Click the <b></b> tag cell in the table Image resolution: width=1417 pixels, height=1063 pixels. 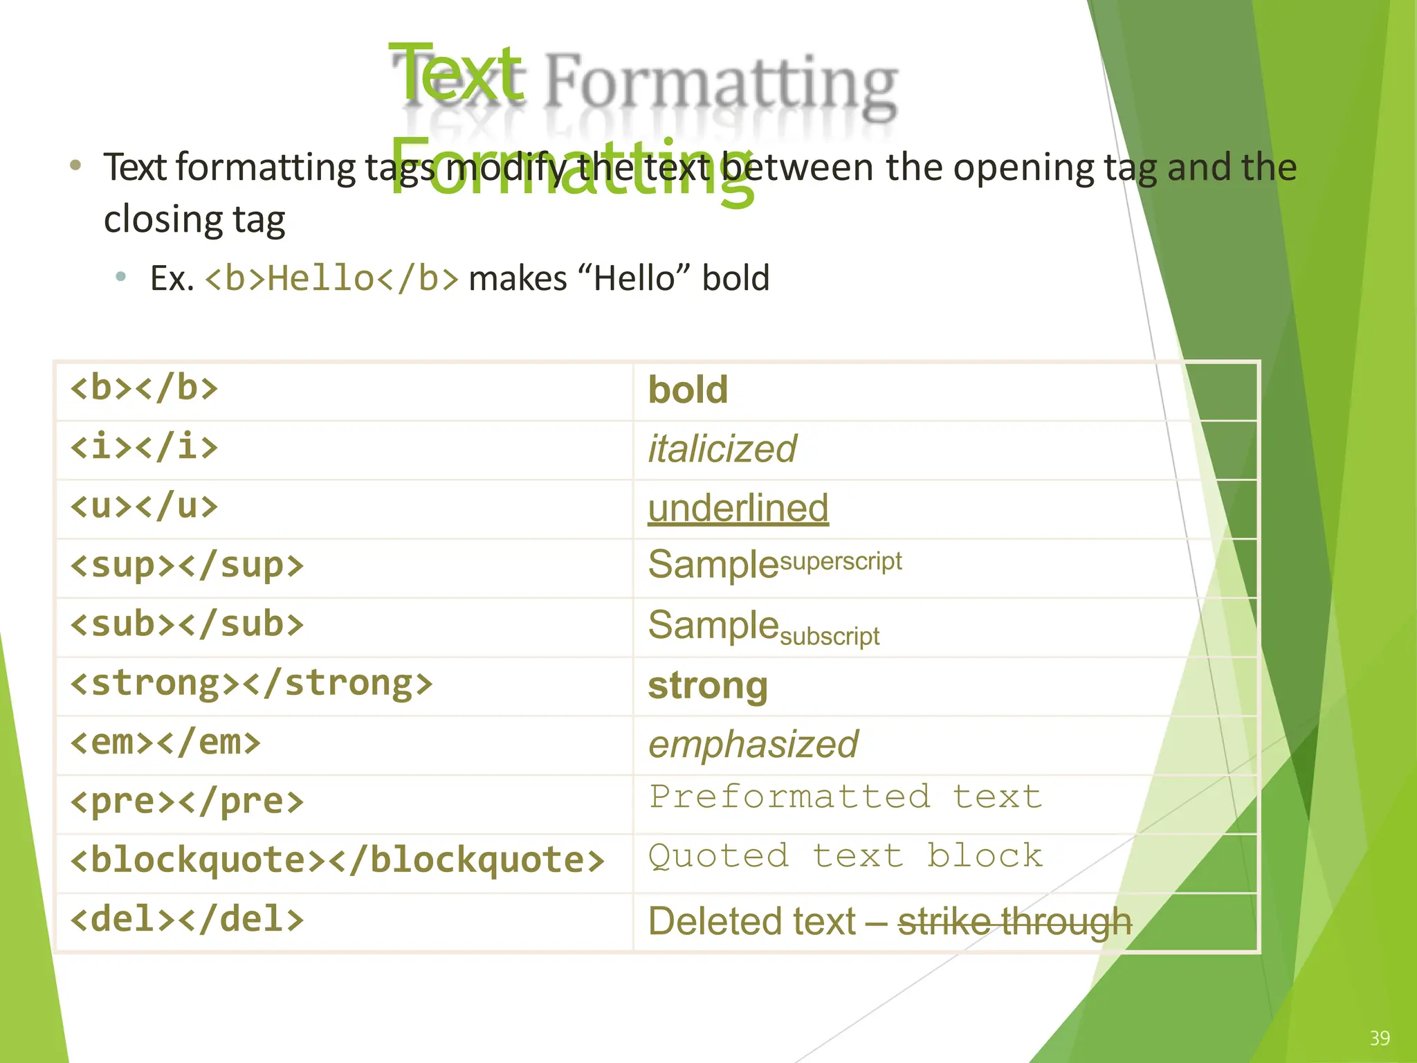[x=144, y=388]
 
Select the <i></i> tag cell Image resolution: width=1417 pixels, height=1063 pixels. [x=144, y=447]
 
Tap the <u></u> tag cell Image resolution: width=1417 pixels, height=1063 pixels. [x=144, y=507]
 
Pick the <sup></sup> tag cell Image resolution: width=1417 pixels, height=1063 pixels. [x=187, y=566]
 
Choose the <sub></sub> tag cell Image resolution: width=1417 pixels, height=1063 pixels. [x=187, y=625]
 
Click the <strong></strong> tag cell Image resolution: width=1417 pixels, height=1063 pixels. [x=251, y=684]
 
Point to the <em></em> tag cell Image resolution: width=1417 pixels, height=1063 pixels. [x=165, y=743]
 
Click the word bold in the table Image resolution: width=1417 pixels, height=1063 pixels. [x=688, y=390]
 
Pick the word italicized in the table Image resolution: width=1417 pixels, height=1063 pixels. [x=722, y=449]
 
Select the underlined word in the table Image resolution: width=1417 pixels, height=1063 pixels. [x=738, y=509]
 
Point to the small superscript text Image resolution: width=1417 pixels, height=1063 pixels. [x=841, y=561]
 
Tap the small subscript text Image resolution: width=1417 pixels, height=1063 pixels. [x=830, y=636]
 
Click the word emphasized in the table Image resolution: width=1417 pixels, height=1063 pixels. [x=753, y=745]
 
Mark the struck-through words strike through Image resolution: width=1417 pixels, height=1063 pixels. [x=1014, y=922]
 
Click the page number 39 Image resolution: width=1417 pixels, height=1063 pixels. [x=1380, y=1038]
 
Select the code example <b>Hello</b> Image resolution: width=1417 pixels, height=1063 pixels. [x=332, y=279]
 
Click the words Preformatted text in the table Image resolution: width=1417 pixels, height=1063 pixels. [x=845, y=797]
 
